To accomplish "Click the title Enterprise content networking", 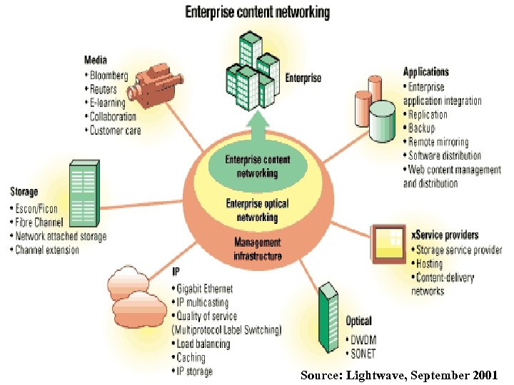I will [x=258, y=12].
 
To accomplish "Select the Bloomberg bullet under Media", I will [x=109, y=76].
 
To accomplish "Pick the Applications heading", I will [x=426, y=72].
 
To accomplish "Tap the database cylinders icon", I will [x=375, y=106].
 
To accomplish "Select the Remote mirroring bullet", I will [x=438, y=142].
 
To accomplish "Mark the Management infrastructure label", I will [x=258, y=249].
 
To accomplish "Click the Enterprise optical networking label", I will [x=257, y=210].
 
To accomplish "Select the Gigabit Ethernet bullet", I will [x=204, y=288].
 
